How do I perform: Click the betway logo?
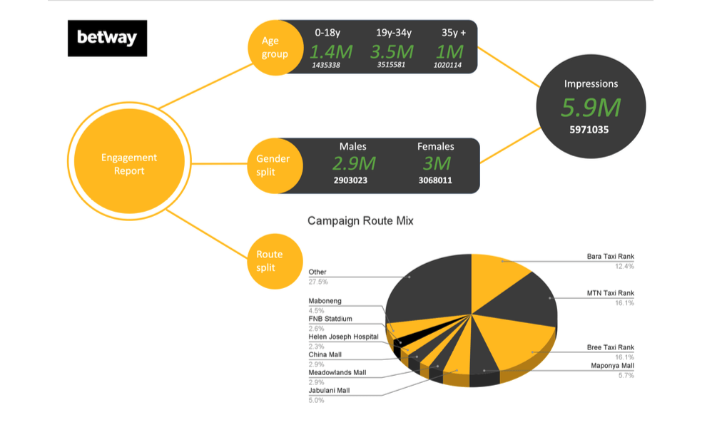point(107,38)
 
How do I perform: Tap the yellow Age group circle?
point(275,48)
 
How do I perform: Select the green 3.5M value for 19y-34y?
point(392,52)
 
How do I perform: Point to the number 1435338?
point(326,66)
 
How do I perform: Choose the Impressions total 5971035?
point(590,131)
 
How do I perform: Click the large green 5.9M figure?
point(590,108)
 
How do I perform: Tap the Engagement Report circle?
point(128,164)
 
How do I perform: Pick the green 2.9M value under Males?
point(352,164)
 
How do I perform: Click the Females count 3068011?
point(435,180)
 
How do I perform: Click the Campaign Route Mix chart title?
point(360,221)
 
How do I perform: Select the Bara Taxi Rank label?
point(610,257)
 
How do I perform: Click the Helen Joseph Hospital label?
point(343,337)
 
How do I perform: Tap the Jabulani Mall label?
point(329,390)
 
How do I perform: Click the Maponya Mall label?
point(612,366)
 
